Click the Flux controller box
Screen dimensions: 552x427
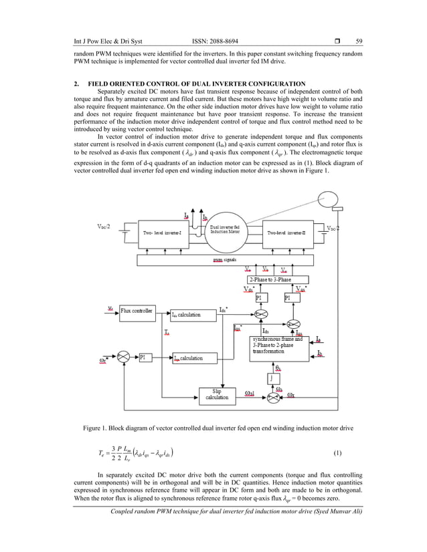138,310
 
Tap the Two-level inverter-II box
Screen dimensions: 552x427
290,233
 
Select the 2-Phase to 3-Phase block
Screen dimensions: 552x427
279,279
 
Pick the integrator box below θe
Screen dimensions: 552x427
273,378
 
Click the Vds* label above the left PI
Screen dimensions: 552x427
249,289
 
